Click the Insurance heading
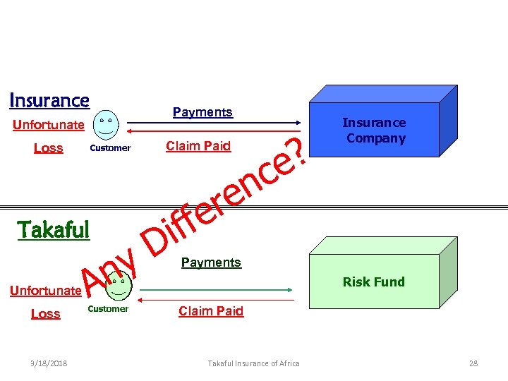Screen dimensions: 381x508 (49, 101)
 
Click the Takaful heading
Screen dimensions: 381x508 (54, 230)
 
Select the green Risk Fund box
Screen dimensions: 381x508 (374, 282)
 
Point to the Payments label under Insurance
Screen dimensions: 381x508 (202, 112)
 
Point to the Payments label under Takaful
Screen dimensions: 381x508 (211, 262)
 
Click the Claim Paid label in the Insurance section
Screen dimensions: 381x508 (198, 146)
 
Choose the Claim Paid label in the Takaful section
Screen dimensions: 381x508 (211, 311)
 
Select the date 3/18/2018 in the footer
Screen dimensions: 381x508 (50, 363)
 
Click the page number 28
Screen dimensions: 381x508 (473, 363)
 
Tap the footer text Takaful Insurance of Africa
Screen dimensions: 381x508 (253, 363)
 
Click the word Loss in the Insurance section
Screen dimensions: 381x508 (49, 148)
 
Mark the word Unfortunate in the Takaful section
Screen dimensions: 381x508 (45, 291)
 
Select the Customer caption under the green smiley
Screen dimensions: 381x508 (108, 309)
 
